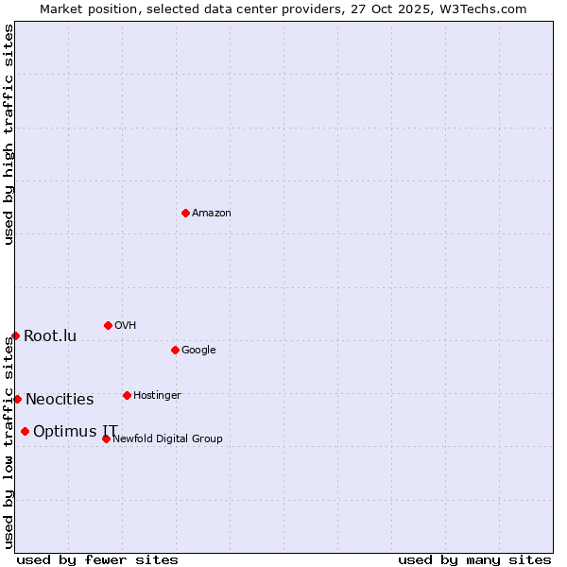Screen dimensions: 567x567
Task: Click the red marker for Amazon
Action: [x=185, y=213]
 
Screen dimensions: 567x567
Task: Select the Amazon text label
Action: [x=212, y=214]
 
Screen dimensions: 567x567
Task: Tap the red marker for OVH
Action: [x=108, y=325]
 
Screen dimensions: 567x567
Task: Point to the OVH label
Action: [x=126, y=326]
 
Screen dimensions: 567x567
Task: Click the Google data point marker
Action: [x=175, y=350]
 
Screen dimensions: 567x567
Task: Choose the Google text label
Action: [x=198, y=351]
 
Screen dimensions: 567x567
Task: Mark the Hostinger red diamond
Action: [x=127, y=395]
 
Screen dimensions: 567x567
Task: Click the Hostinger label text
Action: [x=157, y=396]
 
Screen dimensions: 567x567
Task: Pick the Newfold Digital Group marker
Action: [x=106, y=438]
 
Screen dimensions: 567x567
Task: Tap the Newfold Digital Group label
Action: [x=167, y=439]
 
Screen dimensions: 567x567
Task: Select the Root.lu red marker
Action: [x=15, y=335]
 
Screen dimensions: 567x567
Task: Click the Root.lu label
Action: [x=50, y=336]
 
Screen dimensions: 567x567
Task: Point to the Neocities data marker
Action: [x=17, y=399]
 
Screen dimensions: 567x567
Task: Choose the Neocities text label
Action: [x=60, y=400]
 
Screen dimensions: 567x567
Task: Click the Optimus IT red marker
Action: [x=25, y=431]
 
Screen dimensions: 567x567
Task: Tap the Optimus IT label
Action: [x=76, y=432]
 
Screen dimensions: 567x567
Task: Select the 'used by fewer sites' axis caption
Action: [x=97, y=559]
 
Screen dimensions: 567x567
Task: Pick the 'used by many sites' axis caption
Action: [x=474, y=559]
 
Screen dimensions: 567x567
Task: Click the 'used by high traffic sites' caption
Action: [x=9, y=135]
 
